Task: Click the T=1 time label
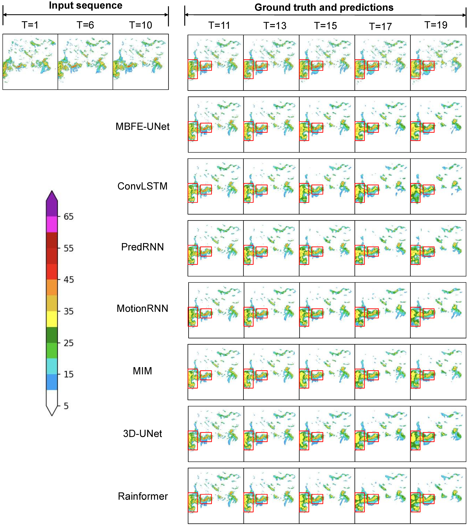30,25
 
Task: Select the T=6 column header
85,25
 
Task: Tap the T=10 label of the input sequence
141,25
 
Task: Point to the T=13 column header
275,26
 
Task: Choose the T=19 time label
436,25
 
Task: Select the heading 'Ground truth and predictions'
324,7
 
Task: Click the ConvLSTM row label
142,186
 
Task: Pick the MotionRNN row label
142,308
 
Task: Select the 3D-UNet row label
142,434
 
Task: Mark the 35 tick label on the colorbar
68,311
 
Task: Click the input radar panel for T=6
85,62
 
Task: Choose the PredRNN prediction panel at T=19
438,248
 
